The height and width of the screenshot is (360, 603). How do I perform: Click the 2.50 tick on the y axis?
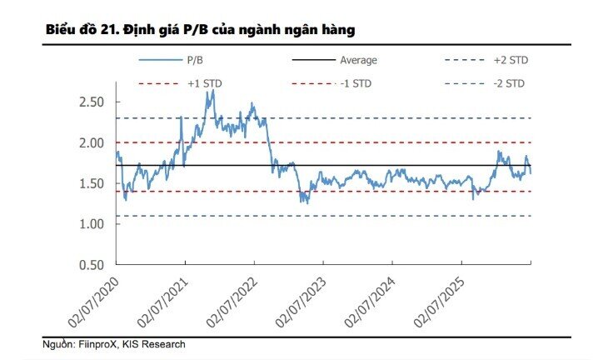(92, 102)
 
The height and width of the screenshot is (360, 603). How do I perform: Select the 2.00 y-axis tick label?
(92, 143)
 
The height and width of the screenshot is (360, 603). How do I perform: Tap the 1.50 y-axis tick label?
(92, 183)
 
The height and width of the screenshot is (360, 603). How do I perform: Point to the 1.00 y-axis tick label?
(92, 224)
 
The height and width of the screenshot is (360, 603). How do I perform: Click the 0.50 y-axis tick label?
(92, 265)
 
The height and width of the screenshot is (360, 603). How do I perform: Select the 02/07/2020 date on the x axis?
(93, 302)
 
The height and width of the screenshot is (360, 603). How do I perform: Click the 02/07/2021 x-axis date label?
(162, 302)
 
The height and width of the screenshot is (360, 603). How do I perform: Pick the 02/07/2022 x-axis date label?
(232, 302)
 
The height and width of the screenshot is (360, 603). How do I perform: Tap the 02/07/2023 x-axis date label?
(301, 302)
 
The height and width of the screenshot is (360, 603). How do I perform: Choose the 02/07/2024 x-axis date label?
(370, 302)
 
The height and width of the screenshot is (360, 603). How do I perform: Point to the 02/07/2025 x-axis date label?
(439, 302)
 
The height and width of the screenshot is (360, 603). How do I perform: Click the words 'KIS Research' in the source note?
(154, 344)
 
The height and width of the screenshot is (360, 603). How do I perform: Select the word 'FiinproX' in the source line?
(97, 344)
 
